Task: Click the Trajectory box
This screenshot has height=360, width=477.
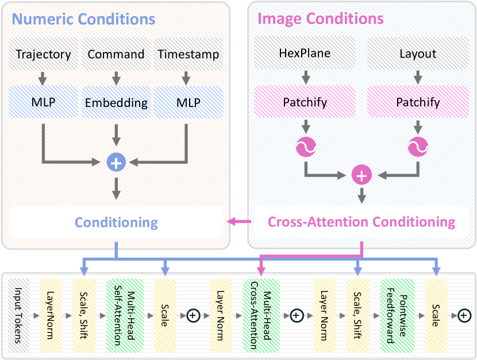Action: (43, 55)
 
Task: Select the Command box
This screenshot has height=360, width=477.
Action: (116, 55)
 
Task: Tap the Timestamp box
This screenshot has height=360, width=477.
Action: (188, 55)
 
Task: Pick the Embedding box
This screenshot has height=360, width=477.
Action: (116, 103)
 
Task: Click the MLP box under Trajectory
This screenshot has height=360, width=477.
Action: (43, 103)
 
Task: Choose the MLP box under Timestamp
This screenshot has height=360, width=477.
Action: (188, 103)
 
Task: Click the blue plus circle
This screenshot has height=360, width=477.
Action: (116, 163)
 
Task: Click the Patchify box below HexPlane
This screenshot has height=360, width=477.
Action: (305, 102)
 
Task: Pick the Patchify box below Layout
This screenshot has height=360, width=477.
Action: (418, 102)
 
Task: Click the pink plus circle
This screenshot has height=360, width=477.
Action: (361, 176)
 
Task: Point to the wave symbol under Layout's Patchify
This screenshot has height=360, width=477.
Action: (418, 148)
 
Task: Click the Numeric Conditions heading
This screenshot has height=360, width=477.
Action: (83, 19)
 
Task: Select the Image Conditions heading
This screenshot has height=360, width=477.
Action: (321, 19)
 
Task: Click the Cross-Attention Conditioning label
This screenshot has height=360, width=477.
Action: (361, 222)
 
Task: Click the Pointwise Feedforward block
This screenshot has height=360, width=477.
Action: (397, 315)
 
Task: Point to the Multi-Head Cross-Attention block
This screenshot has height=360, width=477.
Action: (261, 315)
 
